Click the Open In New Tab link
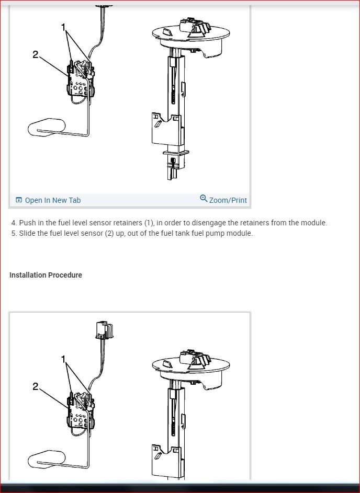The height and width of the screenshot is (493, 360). (x=52, y=200)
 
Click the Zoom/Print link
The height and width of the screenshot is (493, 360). (x=228, y=200)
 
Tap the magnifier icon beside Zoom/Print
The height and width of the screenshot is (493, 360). (x=204, y=199)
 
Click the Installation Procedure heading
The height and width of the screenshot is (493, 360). (x=46, y=275)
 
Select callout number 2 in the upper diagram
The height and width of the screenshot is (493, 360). (x=35, y=54)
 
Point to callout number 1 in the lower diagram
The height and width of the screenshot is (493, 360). (x=64, y=359)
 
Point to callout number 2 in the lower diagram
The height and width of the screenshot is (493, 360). (x=35, y=386)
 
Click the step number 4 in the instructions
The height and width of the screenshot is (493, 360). (x=14, y=223)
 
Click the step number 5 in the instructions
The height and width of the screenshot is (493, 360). (x=14, y=233)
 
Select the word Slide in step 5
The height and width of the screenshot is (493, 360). (x=28, y=233)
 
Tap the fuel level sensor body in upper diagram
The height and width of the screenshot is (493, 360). (x=80, y=81)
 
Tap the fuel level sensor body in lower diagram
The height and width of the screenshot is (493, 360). (x=80, y=413)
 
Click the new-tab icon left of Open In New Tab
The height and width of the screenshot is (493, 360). (x=19, y=200)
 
